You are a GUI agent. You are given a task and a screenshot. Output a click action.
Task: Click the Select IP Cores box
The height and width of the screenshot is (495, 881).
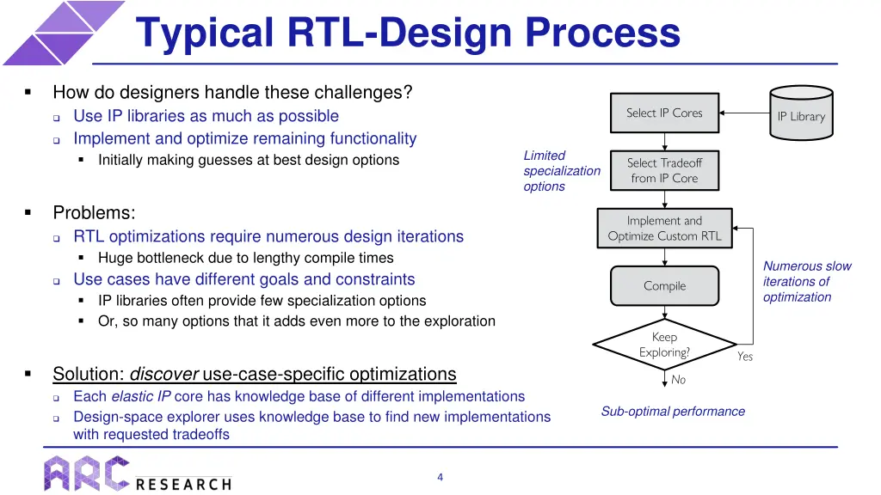664,113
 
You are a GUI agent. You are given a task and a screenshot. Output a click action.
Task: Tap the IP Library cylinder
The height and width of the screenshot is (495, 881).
800,113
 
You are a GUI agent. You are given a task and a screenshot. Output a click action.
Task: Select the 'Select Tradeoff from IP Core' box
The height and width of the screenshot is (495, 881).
664,170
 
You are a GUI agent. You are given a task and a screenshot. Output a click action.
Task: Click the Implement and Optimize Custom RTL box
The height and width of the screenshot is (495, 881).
664,229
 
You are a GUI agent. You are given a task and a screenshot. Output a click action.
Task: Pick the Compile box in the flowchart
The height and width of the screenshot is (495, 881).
664,286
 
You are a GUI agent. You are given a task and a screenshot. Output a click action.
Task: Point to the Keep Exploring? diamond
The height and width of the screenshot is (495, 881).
664,345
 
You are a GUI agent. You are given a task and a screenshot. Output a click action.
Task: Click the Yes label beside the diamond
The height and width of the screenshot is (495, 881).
745,357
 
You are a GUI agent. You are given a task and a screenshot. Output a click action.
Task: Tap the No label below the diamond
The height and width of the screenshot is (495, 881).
678,380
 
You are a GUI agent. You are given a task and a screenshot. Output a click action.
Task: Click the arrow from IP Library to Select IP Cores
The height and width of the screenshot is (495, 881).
743,113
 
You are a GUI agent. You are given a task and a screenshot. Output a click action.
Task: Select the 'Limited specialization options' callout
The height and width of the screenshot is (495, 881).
561,171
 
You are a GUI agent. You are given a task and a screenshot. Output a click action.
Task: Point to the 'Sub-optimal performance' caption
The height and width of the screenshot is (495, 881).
673,412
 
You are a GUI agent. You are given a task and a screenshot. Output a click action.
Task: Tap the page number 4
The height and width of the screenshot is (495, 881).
440,478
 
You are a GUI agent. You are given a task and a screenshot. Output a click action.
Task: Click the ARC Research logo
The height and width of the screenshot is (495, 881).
138,474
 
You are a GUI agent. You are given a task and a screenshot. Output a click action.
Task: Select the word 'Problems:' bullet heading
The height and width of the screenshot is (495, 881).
94,213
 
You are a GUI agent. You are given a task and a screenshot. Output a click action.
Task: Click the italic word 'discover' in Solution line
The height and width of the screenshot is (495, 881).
164,374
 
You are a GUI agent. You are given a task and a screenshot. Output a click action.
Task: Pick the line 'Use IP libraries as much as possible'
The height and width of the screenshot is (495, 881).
206,116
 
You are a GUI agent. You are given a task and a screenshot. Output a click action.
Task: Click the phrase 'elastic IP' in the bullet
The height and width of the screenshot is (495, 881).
140,396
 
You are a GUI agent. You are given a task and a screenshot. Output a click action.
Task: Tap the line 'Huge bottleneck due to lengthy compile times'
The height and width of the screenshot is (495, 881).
245,258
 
